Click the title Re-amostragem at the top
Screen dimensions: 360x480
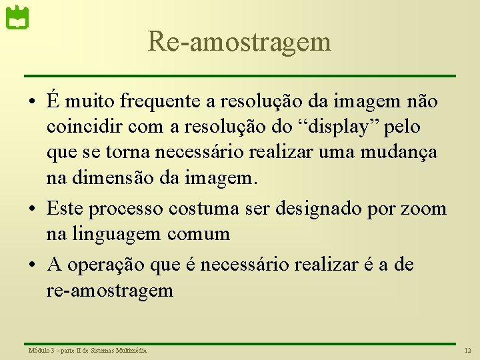[x=239, y=41]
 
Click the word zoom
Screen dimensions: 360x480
[x=424, y=209]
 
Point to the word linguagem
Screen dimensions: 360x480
[x=115, y=234]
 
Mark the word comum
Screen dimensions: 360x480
[x=199, y=234]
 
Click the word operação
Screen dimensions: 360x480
[x=111, y=265]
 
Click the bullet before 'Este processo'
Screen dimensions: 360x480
[x=33, y=209]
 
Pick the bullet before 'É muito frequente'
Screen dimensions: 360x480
[x=33, y=102]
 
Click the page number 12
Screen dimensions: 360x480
[x=467, y=350]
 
